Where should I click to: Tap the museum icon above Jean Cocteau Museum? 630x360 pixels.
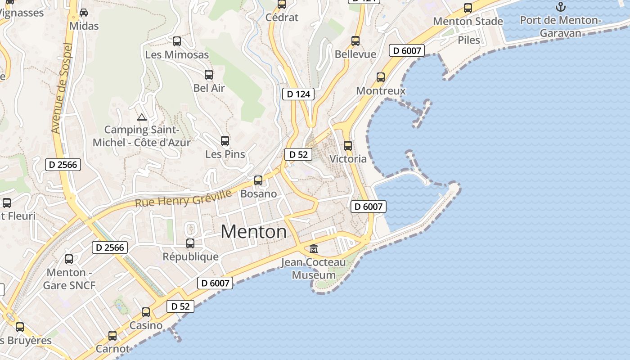tap(314, 248)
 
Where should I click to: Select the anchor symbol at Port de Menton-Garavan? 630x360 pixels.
tap(560, 7)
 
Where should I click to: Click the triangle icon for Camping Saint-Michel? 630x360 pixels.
tap(142, 117)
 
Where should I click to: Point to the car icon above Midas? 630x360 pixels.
tap(84, 13)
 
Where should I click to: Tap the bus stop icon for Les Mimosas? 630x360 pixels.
tap(177, 41)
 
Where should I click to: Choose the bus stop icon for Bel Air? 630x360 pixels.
tap(209, 75)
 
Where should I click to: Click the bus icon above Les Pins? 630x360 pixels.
tap(225, 141)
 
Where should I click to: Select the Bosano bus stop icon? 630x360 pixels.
tap(258, 180)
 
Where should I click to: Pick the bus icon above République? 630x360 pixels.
tap(190, 243)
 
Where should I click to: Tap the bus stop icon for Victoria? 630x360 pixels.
tap(348, 146)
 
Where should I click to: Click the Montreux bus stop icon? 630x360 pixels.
tap(381, 77)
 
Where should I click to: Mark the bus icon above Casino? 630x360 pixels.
tap(146, 312)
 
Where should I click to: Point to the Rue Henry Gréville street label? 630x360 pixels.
tap(183, 198)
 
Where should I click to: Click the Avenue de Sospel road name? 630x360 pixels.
tap(62, 88)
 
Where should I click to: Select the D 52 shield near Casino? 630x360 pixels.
tap(180, 306)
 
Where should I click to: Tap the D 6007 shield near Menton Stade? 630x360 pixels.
tap(407, 50)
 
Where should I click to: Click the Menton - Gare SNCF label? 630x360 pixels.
tap(69, 279)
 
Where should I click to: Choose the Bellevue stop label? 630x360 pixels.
tap(355, 54)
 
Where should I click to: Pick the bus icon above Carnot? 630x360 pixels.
tap(112, 336)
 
